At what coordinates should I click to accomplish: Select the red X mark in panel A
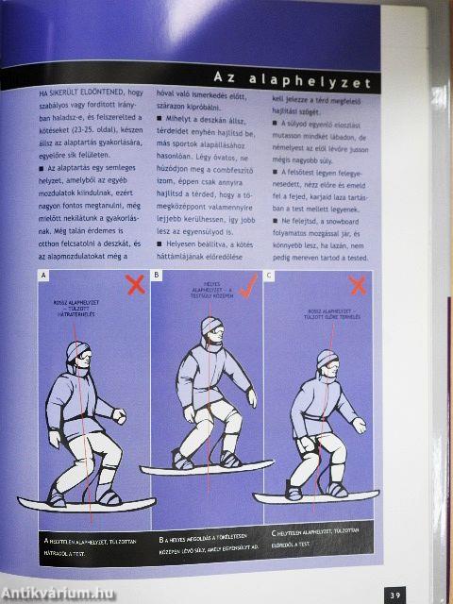[x=135, y=283]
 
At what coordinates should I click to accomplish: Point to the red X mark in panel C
[x=358, y=284]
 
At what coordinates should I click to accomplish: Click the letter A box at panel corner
[x=43, y=276]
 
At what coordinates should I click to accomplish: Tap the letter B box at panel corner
[x=158, y=276]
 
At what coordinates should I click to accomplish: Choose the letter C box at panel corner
[x=270, y=276]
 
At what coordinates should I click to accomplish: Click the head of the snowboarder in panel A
[x=76, y=356]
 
